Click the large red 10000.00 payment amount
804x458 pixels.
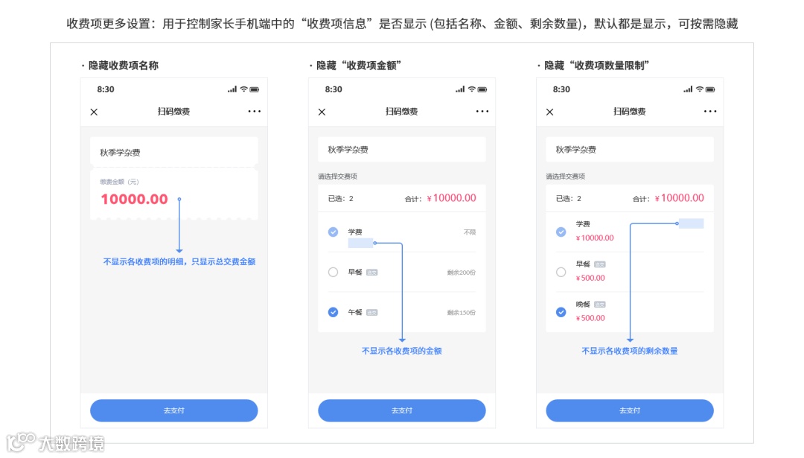135,200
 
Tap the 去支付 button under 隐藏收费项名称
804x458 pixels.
173,410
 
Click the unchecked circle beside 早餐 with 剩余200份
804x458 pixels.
333,272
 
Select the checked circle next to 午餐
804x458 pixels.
333,312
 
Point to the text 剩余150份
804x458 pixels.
461,312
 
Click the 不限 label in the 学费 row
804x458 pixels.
469,232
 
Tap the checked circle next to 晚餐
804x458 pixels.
561,312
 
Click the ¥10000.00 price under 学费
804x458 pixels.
595,238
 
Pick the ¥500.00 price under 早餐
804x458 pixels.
590,279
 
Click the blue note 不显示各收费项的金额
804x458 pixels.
401,351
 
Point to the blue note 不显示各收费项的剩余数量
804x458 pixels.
629,351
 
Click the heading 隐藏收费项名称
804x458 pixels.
124,66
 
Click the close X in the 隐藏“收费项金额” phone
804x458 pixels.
322,112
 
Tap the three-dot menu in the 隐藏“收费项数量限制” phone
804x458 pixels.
710,112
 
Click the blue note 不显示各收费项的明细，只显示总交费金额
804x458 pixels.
179,261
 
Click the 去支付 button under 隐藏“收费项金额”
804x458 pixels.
401,410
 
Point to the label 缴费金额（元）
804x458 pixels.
119,182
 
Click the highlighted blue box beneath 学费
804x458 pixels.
360,243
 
